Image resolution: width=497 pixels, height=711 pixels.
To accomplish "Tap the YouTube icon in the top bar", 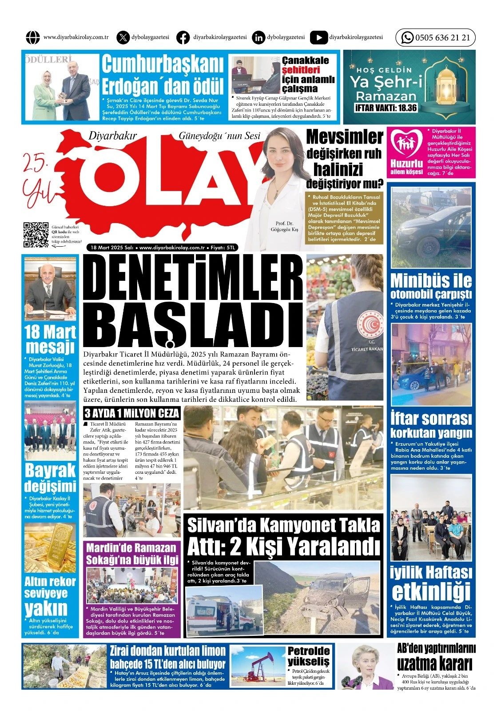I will (x=318, y=38).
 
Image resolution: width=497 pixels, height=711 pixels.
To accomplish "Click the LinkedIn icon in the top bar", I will (x=258, y=38).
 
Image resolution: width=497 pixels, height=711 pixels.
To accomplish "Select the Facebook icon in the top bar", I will (x=183, y=38).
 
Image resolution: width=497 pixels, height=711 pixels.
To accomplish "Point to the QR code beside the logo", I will (x=36, y=234).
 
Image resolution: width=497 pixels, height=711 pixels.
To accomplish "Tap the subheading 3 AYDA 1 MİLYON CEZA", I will (x=132, y=413).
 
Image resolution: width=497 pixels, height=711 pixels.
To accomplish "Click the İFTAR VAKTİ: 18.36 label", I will (x=386, y=108).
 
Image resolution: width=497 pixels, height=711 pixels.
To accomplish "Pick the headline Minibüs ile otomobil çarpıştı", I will (x=431, y=287).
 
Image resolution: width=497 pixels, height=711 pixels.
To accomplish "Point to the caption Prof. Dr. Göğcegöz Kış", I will (x=285, y=227).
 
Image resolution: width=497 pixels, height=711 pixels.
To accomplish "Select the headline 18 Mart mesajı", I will (x=50, y=339).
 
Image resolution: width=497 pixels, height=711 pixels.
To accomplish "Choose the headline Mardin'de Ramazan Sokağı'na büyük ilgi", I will (x=132, y=554).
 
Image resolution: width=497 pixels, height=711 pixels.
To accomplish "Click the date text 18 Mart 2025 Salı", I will (x=112, y=248).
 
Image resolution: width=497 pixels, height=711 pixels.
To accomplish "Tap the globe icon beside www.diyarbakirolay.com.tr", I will (x=33, y=38).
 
